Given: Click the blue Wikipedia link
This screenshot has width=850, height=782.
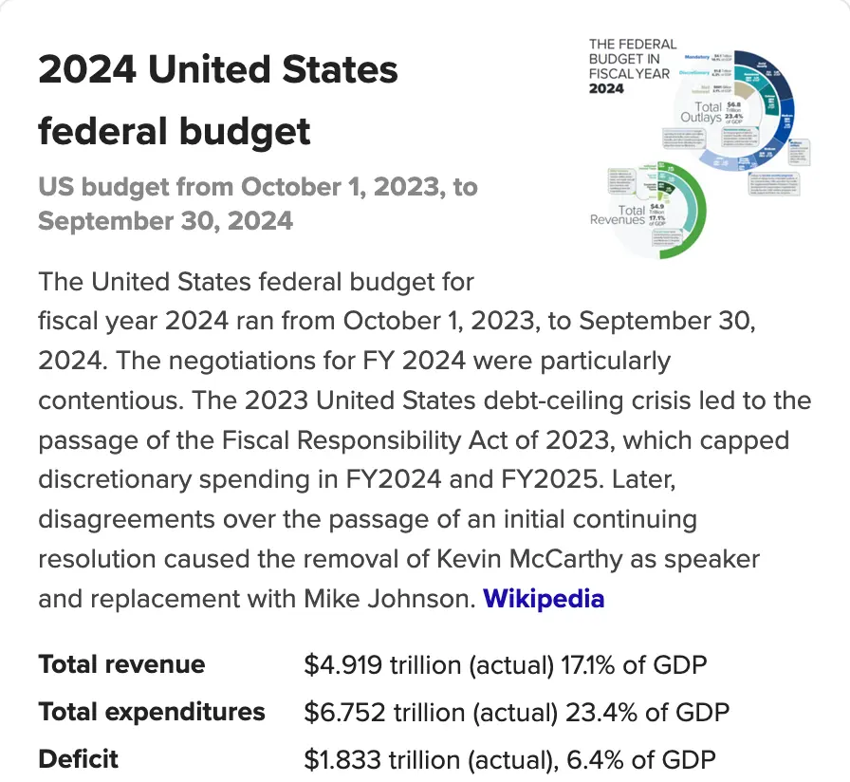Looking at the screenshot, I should (544, 600).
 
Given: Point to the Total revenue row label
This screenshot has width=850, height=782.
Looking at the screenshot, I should (121, 664).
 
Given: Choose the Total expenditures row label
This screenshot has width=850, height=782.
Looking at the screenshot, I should (152, 712).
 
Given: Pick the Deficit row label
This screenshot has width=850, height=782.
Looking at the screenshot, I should (79, 759).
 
